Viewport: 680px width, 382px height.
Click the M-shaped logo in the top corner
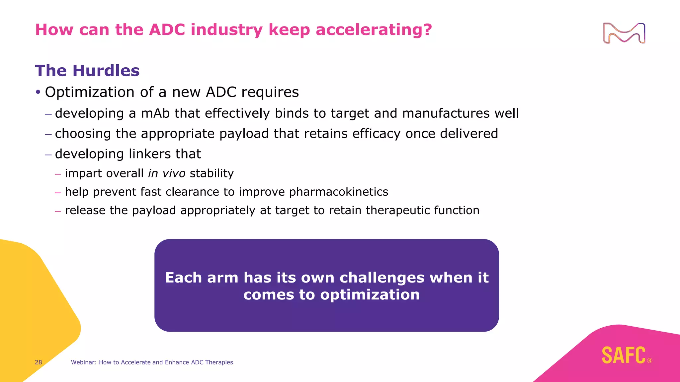click(x=624, y=33)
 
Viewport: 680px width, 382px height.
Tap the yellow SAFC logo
click(x=624, y=355)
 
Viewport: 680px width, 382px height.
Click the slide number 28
click(x=39, y=362)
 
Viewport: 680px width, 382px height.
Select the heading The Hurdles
click(x=87, y=71)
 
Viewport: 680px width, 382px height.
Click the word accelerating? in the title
click(x=374, y=30)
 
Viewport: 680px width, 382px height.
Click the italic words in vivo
click(x=167, y=173)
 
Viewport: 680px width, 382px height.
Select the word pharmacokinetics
click(x=338, y=192)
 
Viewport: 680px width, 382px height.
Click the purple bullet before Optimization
click(x=38, y=92)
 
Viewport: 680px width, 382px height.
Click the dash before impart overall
click(x=58, y=174)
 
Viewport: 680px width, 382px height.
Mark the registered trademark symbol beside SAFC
click(x=650, y=361)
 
